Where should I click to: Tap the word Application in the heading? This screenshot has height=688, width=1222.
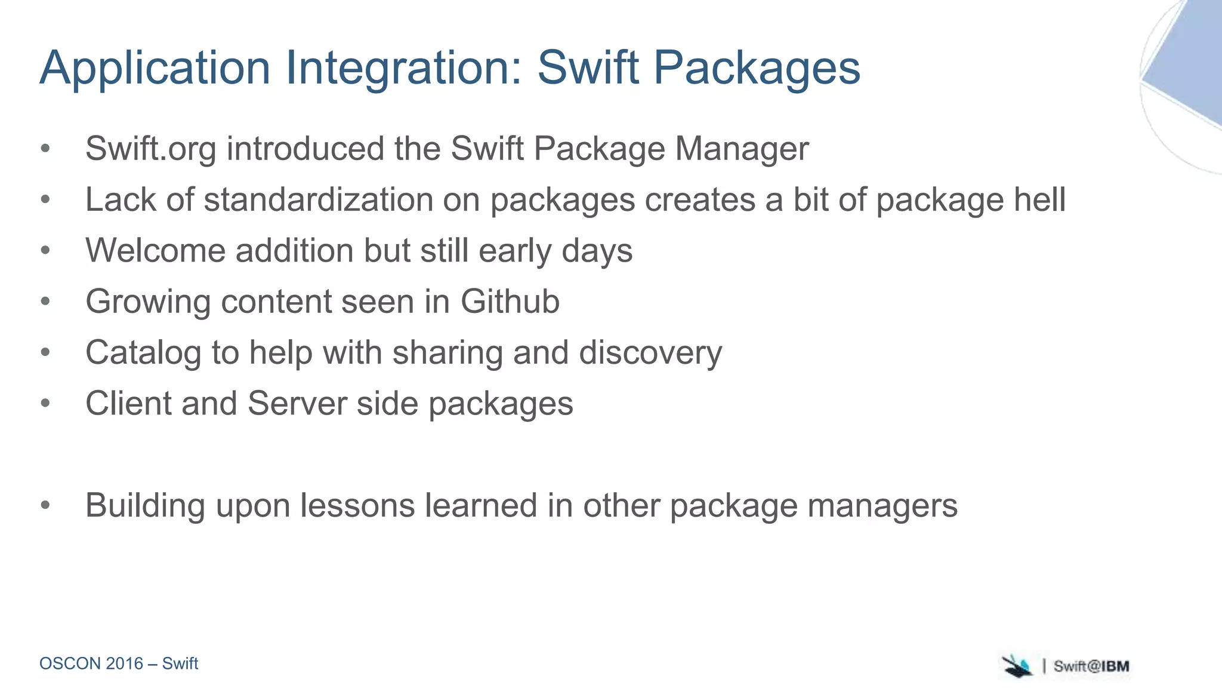[x=155, y=68]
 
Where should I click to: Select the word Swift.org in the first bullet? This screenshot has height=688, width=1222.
[x=150, y=149]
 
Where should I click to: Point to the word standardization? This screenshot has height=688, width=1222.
[x=318, y=199]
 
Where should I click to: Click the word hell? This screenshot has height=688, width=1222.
[x=1040, y=199]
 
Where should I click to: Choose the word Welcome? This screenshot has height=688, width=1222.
[x=155, y=250]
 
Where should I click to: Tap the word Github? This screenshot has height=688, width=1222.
[x=510, y=301]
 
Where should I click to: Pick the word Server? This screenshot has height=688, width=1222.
[x=297, y=403]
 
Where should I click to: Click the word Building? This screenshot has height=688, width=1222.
[x=145, y=505]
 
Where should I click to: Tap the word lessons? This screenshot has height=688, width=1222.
[x=357, y=505]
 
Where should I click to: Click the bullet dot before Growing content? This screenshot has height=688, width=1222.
[x=45, y=301]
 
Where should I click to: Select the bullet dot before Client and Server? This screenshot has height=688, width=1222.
[x=45, y=403]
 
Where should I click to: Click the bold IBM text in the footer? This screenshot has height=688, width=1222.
[x=1115, y=666]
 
